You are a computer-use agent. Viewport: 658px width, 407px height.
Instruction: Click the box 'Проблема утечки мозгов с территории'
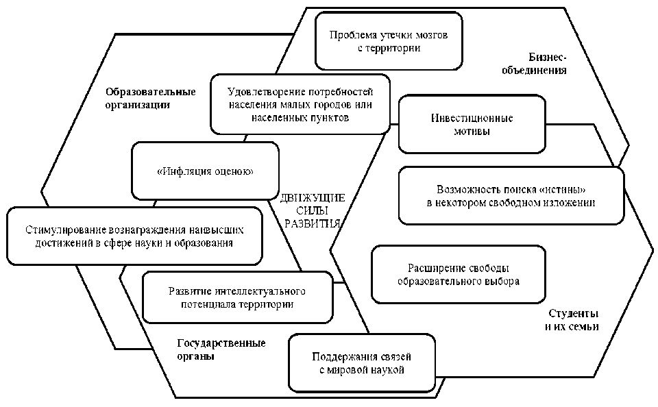point(388,41)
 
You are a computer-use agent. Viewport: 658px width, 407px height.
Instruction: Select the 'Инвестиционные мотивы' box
point(472,124)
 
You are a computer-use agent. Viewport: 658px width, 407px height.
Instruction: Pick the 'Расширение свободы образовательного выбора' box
point(458,274)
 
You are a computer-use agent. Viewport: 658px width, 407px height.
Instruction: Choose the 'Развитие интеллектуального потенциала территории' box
point(237,297)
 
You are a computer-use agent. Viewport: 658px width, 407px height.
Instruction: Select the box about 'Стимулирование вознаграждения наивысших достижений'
point(134,236)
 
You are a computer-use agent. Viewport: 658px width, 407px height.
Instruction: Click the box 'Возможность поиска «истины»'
point(511,195)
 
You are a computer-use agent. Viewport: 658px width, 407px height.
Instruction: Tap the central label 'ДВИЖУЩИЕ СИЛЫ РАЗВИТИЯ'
point(313,211)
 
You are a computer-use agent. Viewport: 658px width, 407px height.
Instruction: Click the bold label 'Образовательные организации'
point(150,98)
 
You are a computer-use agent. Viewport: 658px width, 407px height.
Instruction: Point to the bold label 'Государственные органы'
point(221,349)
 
